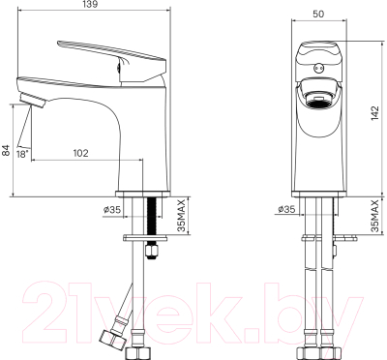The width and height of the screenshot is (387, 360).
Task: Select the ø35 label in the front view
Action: point(285,209)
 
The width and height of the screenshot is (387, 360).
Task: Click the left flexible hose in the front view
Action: point(308,290)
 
